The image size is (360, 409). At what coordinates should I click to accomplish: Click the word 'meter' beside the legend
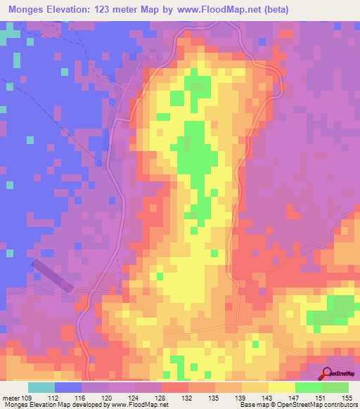pyautogui.click(x=11, y=396)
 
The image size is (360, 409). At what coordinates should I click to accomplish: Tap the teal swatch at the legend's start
pyautogui.click(x=41, y=387)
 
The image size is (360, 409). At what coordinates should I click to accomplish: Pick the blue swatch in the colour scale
pyautogui.click(x=68, y=387)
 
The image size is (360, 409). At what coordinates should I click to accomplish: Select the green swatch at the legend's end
pyautogui.click(x=335, y=387)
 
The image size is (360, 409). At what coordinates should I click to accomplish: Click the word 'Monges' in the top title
pyautogui.click(x=29, y=9)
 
